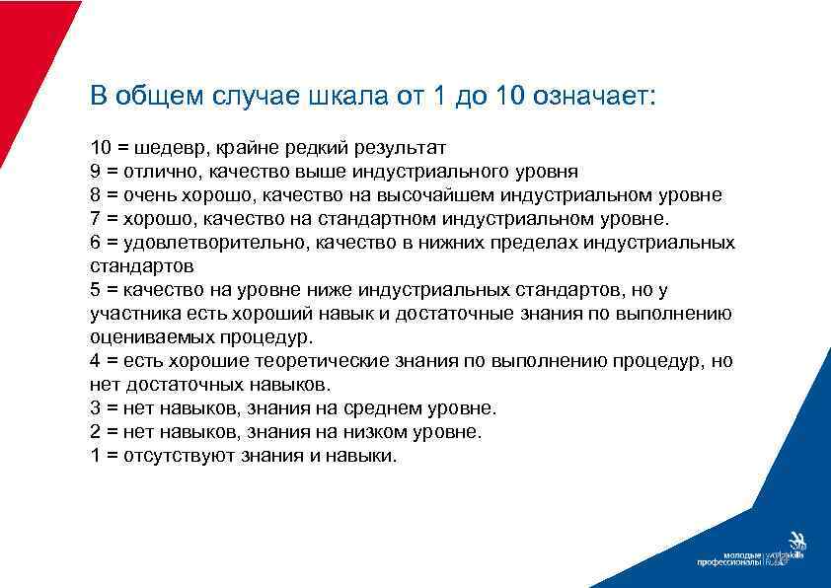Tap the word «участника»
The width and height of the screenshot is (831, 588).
click(129, 314)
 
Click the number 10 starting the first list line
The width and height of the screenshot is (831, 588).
click(101, 148)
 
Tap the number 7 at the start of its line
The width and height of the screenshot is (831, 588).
click(95, 219)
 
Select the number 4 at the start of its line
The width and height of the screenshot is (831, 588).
click(95, 361)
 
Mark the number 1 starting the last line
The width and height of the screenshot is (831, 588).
click(95, 456)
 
